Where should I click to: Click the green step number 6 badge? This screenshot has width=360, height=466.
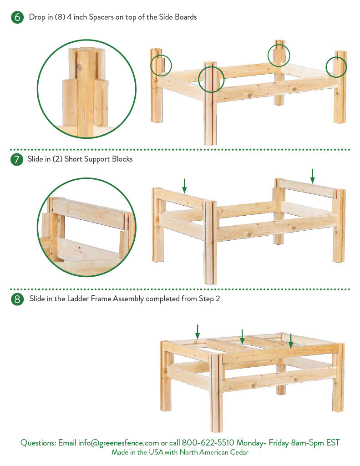(x=17, y=17)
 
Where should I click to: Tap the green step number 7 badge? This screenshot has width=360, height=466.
(x=17, y=159)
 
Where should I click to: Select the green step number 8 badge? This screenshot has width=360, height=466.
(x=17, y=299)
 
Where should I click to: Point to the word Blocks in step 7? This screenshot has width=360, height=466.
(x=122, y=159)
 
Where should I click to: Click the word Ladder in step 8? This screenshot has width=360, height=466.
(x=78, y=299)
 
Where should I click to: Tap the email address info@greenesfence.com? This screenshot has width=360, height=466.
(x=118, y=443)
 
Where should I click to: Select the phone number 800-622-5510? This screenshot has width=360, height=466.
(x=208, y=442)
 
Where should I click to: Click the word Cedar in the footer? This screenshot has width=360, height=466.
(x=239, y=452)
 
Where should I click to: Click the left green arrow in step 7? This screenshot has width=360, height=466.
(x=184, y=186)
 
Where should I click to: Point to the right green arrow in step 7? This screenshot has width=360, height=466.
(x=312, y=176)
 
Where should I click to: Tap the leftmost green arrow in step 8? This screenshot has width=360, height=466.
(x=198, y=332)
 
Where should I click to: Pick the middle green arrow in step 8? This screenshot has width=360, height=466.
(x=242, y=337)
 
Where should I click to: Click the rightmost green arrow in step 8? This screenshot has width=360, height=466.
(x=291, y=341)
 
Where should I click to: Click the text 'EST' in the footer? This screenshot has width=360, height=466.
(x=333, y=442)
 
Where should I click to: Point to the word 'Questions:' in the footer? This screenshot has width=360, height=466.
(x=38, y=443)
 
